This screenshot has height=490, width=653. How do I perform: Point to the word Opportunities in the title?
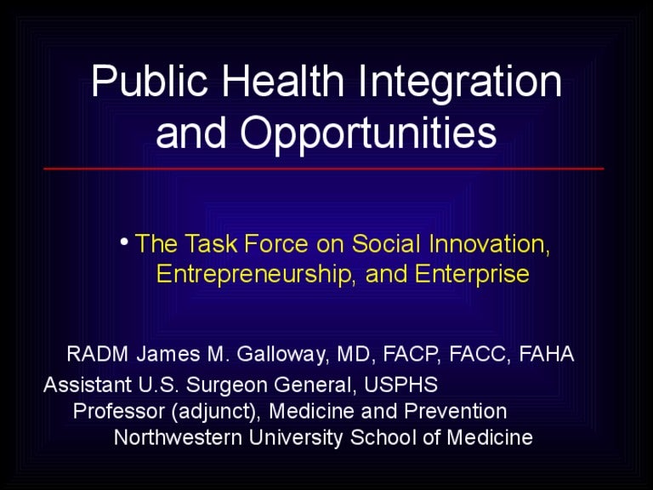pyautogui.click(x=368, y=134)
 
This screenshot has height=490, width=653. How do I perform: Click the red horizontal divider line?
pyautogui.click(x=324, y=168)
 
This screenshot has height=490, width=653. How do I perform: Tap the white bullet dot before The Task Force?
pyautogui.click(x=123, y=242)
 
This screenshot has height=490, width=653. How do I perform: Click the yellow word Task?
pyautogui.click(x=211, y=243)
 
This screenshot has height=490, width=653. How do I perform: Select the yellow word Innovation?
pyautogui.click(x=490, y=244)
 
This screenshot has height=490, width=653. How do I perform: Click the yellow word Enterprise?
pyautogui.click(x=472, y=275)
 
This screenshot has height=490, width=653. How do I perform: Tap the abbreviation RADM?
pyautogui.click(x=98, y=354)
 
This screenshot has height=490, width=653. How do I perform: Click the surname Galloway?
pyautogui.click(x=281, y=355)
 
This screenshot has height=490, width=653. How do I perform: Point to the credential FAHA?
pyautogui.click(x=547, y=354)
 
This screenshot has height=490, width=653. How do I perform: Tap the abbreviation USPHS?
pyautogui.click(x=400, y=385)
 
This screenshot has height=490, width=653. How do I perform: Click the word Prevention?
pyautogui.click(x=456, y=411)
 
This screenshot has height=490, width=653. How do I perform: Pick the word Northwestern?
pyautogui.click(x=179, y=438)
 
